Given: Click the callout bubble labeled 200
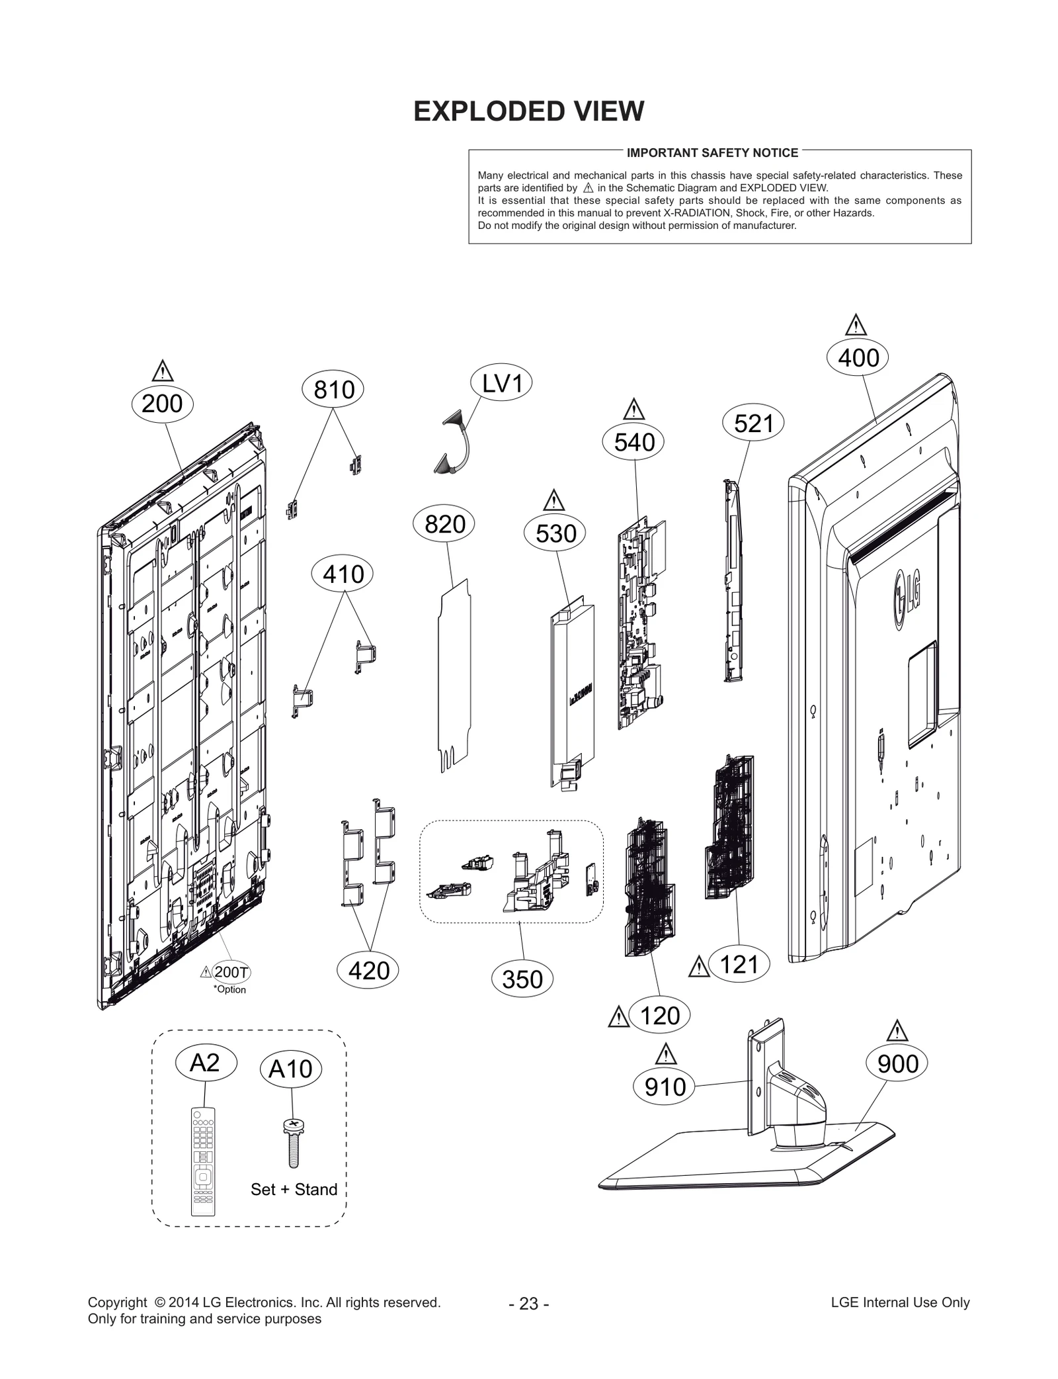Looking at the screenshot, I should tap(162, 403).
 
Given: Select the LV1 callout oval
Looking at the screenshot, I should tap(502, 383).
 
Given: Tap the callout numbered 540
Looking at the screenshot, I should tap(633, 442).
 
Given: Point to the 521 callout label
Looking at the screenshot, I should tap(753, 423).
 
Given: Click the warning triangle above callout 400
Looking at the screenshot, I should tap(856, 326).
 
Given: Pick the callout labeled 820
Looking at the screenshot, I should tap(445, 524).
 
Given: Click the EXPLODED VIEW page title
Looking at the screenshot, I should tap(528, 111).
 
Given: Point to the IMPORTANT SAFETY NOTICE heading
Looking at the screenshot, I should tap(712, 153).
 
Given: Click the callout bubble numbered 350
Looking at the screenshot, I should tap(522, 979).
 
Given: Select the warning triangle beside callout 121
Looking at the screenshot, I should tap(698, 967).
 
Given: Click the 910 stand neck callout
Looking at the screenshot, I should tap(665, 1087).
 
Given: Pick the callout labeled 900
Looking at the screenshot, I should tap(897, 1063).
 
